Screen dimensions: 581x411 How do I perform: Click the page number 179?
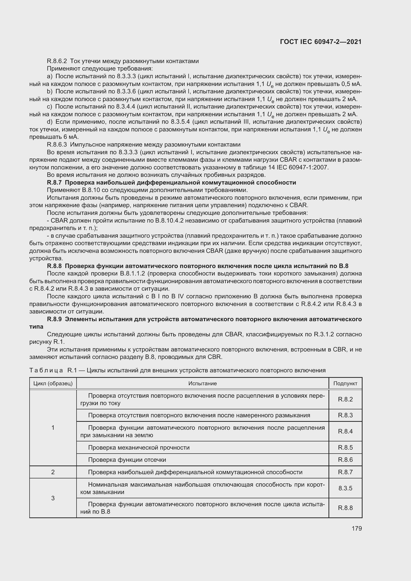pos(357,528)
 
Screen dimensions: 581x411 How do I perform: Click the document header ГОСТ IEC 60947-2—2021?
pos(321,42)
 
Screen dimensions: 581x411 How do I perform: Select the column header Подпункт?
pos(345,383)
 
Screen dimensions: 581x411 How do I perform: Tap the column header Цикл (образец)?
pos(53,383)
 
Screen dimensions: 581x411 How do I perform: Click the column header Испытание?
pos(203,383)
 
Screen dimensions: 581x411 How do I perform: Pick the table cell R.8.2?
pos(345,399)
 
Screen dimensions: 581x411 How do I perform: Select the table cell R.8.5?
pos(345,447)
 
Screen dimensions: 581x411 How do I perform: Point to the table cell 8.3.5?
pos(345,488)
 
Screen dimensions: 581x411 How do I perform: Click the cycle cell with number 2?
pos(53,472)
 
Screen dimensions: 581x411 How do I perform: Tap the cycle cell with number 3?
pos(53,498)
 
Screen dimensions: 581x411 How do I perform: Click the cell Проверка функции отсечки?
pos(127,460)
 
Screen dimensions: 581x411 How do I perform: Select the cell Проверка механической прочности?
pos(139,447)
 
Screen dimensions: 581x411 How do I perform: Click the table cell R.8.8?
pos(345,508)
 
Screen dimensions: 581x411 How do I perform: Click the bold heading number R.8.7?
pos(54,183)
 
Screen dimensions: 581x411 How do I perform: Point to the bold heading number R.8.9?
pos(54,319)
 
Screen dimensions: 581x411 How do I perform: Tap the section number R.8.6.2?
pos(57,61)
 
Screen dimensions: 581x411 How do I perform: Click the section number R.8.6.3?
pos(57,145)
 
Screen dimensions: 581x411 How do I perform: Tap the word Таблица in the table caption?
pos(46,370)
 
